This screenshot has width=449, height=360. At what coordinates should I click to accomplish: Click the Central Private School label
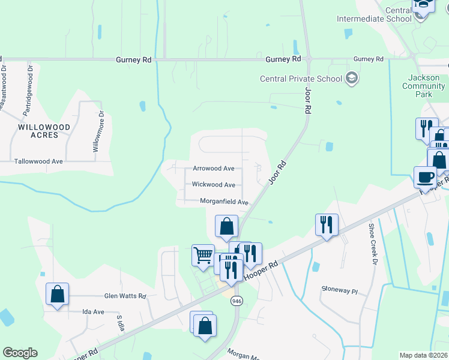(x=301, y=79)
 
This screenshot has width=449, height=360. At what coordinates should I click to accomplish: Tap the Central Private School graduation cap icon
(x=352, y=78)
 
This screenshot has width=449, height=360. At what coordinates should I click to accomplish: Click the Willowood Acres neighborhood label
(x=44, y=131)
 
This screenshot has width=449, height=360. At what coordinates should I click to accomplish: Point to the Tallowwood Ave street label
(x=39, y=161)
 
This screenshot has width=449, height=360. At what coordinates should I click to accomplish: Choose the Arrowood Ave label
(x=213, y=169)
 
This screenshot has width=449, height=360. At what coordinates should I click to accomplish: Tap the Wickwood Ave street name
(x=213, y=185)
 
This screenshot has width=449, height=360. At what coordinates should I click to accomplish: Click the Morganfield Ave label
(x=224, y=203)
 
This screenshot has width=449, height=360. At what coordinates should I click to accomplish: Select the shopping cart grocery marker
(x=203, y=254)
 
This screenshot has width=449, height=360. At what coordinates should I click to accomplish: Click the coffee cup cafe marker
(x=425, y=176)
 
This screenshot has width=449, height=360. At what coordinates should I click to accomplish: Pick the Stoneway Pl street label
(x=340, y=290)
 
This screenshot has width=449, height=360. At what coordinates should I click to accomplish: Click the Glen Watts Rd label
(x=125, y=296)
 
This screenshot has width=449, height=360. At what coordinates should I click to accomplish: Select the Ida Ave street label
(x=94, y=311)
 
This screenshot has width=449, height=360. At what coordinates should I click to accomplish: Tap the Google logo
(x=20, y=353)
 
